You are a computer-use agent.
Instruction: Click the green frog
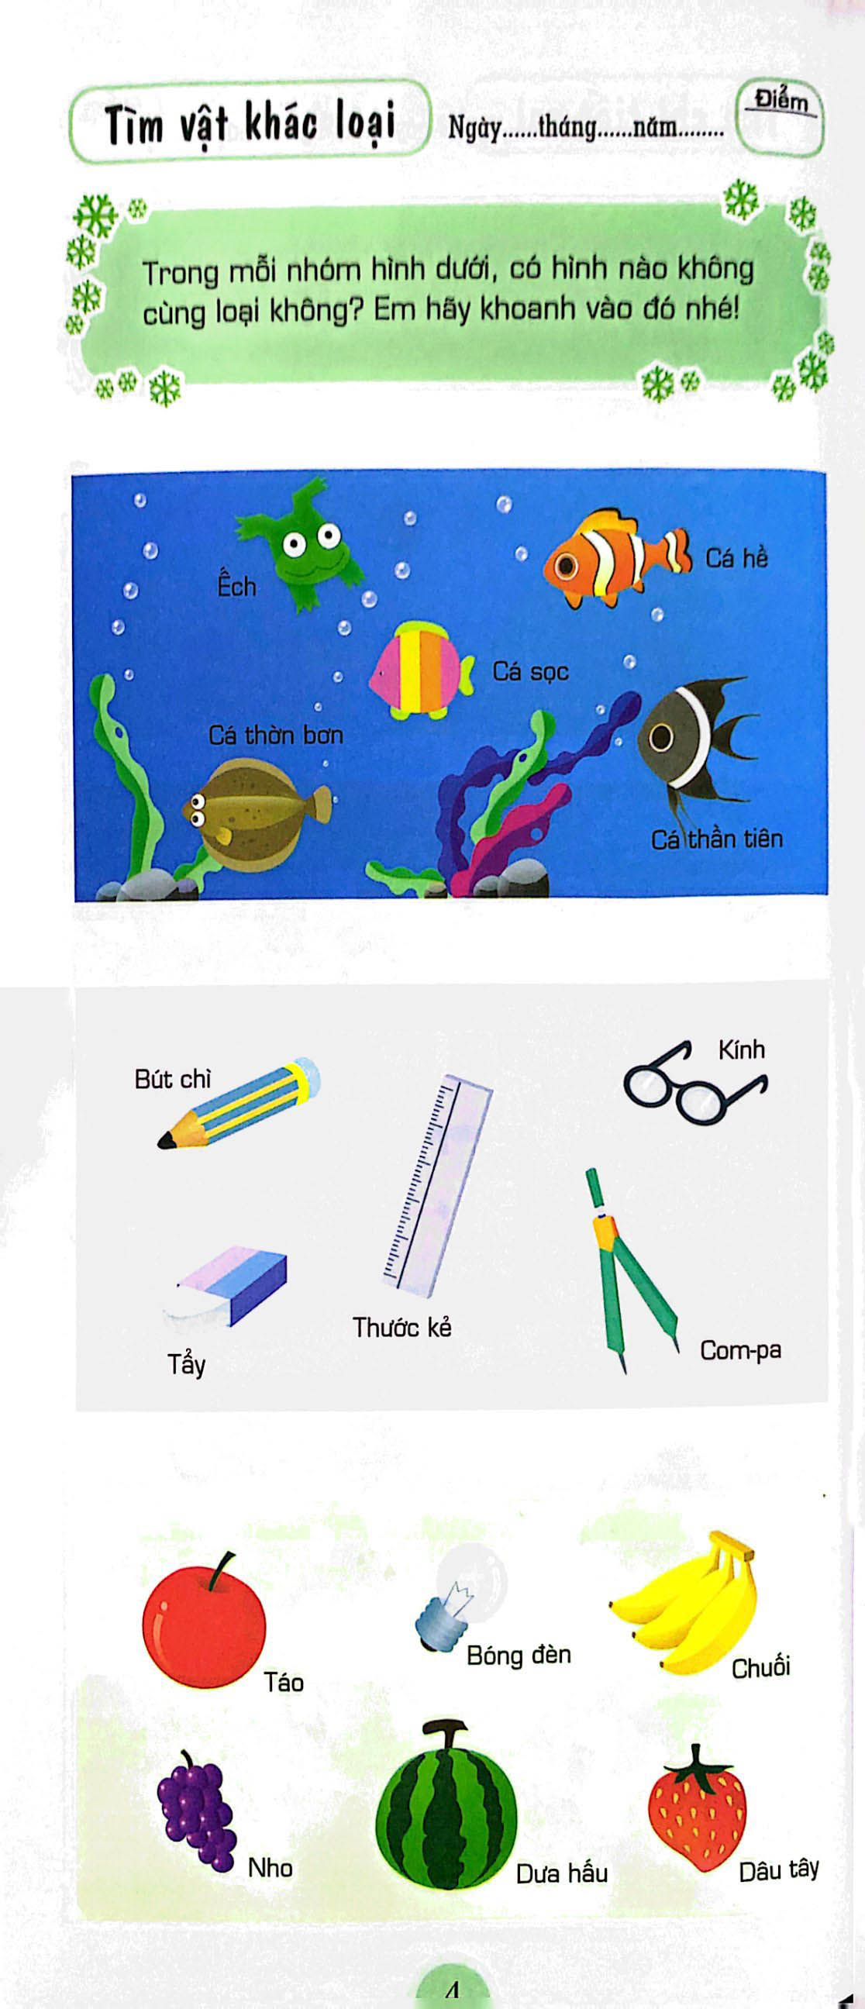(300, 546)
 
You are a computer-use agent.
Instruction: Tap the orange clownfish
(616, 558)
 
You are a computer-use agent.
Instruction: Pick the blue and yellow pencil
(239, 1103)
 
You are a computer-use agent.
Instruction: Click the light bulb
(460, 1596)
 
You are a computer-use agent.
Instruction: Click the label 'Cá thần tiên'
(717, 839)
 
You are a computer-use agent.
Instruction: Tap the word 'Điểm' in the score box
(781, 102)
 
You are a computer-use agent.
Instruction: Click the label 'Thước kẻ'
(401, 1327)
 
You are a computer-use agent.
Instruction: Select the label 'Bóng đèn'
(519, 1654)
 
